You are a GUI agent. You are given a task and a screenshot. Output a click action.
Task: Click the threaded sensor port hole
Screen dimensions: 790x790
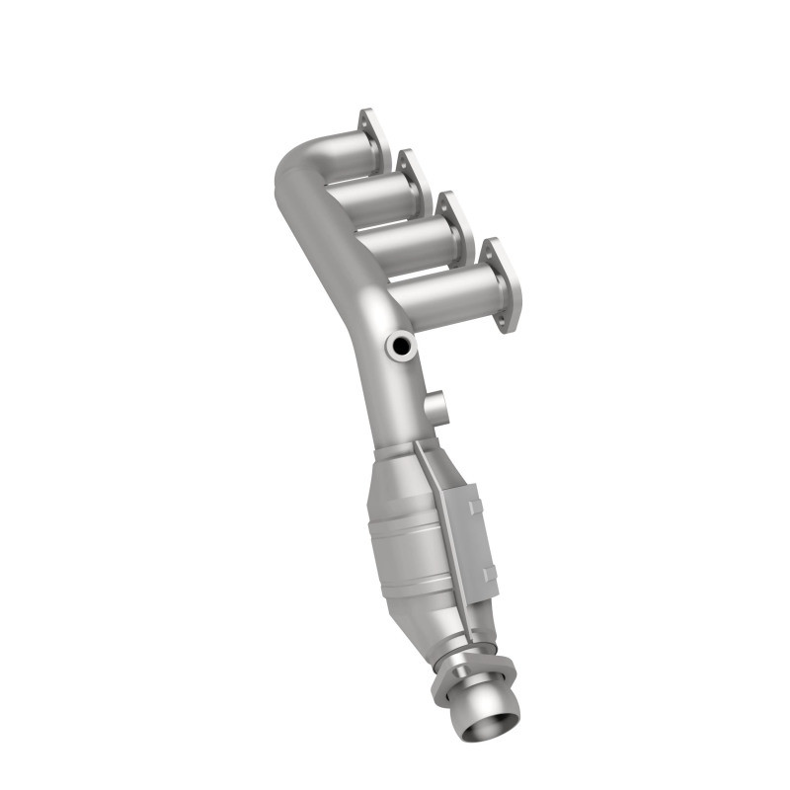tap(401, 345)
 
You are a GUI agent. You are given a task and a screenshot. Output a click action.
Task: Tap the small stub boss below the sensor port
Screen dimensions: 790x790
tap(434, 405)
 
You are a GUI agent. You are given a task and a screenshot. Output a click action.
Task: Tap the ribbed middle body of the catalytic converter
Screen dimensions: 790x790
tap(410, 538)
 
